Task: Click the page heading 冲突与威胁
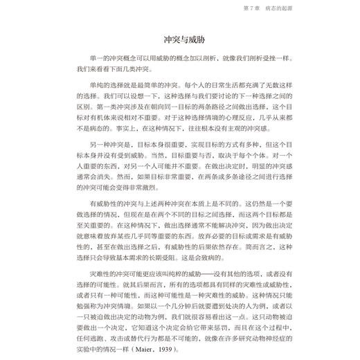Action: click(x=179, y=39)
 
